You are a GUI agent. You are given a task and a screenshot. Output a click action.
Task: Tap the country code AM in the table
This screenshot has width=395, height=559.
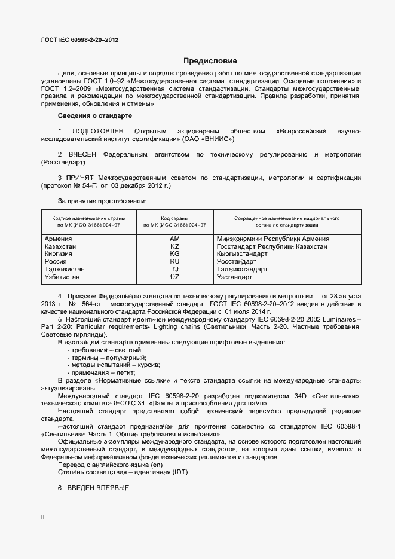(174, 239)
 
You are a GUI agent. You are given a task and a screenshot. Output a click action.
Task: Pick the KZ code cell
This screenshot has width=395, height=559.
(174, 246)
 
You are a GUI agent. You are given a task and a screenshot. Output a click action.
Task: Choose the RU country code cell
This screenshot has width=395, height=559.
(174, 261)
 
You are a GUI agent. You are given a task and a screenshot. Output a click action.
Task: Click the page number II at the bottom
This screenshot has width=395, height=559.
(42, 515)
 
